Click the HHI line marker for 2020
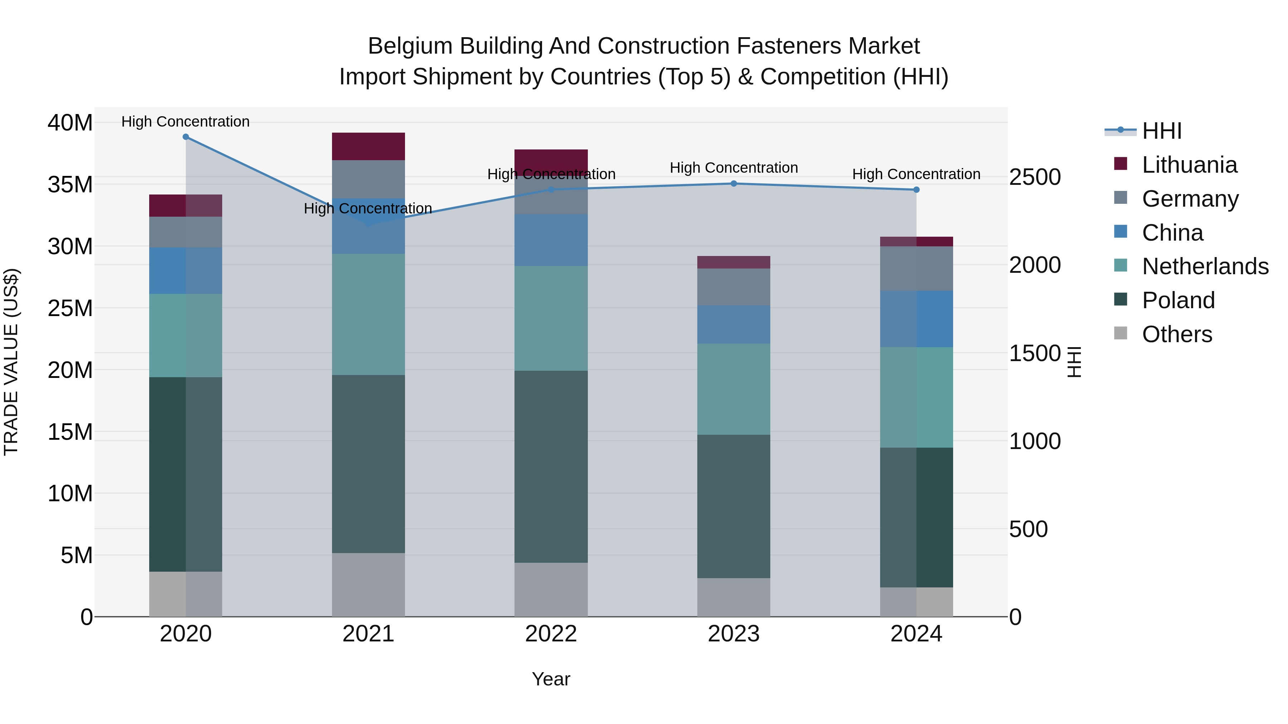185,137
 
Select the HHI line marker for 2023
733,184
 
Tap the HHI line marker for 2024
916,190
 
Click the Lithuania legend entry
1189,165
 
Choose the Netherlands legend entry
1205,266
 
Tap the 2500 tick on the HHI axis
1034,177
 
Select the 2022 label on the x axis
551,634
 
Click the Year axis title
551,679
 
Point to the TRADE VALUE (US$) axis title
11,362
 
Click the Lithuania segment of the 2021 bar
369,146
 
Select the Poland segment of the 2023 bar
733,506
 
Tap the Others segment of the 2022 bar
551,590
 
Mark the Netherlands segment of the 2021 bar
369,314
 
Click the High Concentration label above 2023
733,168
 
